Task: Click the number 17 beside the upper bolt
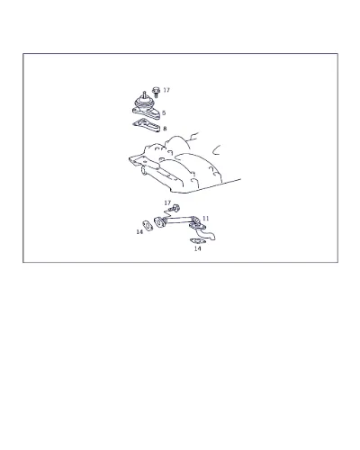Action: [x=166, y=90]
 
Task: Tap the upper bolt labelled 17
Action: [x=156, y=92]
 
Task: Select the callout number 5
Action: [x=164, y=113]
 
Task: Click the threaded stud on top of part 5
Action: [x=144, y=94]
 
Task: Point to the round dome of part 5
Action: [x=144, y=102]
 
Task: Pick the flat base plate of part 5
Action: [x=147, y=113]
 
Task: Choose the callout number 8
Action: [x=165, y=129]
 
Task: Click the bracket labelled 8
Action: [x=147, y=125]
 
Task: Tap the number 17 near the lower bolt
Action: [x=167, y=203]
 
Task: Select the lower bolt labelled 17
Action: [x=175, y=208]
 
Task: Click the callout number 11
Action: [x=205, y=218]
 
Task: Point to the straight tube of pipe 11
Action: [x=177, y=220]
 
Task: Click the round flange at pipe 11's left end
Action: [x=158, y=222]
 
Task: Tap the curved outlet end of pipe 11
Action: [x=209, y=236]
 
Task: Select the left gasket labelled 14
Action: [x=148, y=225]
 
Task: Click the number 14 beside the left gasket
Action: [x=139, y=232]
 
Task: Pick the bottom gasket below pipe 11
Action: [x=197, y=241]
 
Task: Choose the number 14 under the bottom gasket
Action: [x=197, y=248]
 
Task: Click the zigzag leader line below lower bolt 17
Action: [x=166, y=215]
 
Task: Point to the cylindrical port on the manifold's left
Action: [x=144, y=172]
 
